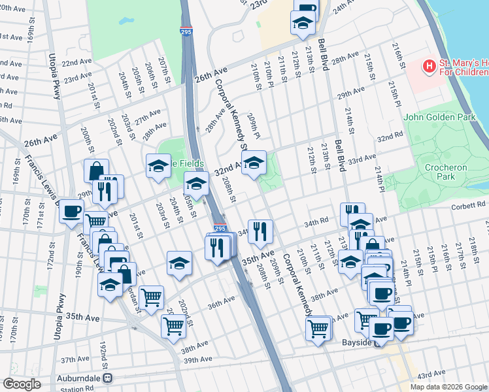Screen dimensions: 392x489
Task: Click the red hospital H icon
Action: point(429,66)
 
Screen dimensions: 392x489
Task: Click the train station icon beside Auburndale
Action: point(108,378)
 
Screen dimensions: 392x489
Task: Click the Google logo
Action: point(22,384)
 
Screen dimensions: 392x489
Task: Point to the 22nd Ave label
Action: point(76,63)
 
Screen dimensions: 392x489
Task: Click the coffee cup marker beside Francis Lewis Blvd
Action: point(71,212)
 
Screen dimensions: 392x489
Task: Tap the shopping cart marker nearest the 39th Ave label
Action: point(173,325)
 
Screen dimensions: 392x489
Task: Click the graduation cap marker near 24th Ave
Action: point(303,24)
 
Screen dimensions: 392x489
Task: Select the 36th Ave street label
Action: point(221,302)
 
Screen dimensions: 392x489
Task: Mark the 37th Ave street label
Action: point(75,359)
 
